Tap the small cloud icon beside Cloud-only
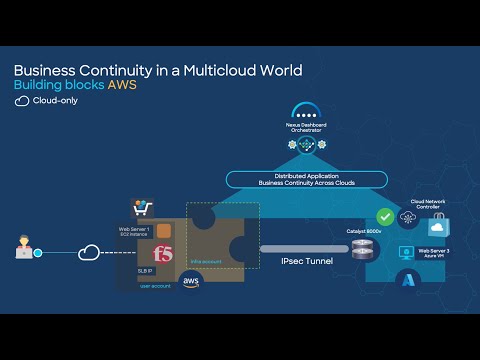point(22,101)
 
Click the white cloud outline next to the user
point(90,252)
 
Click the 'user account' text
point(155,285)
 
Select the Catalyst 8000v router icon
point(361,246)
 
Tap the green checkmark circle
point(384,216)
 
